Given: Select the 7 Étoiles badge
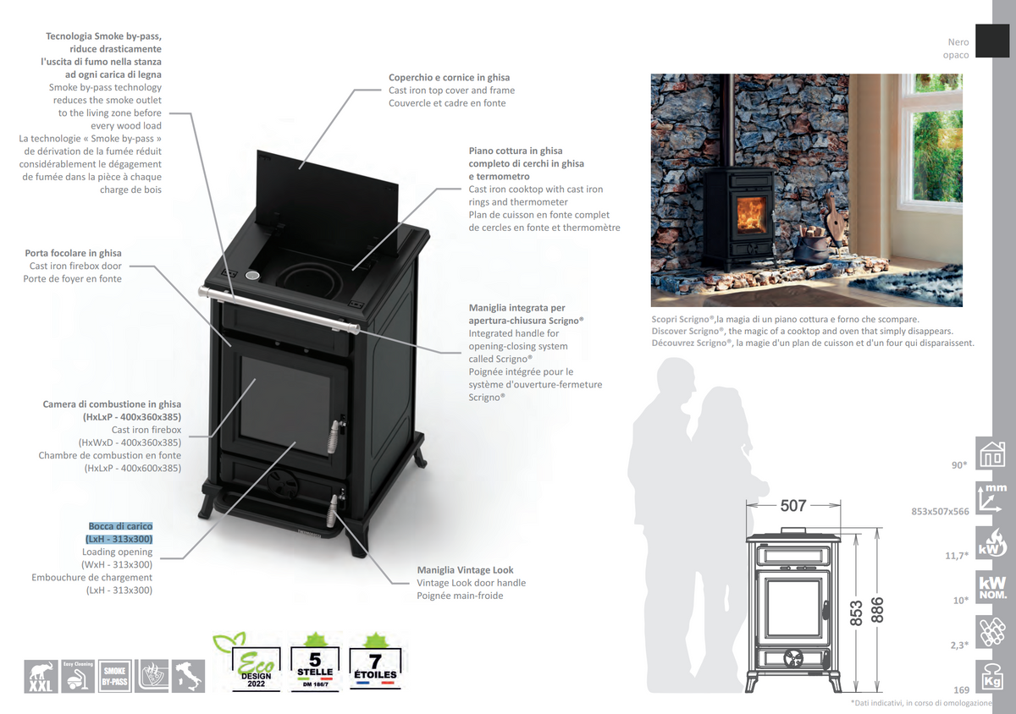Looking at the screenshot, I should pos(373,666).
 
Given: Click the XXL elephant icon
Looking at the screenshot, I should pos(40,676).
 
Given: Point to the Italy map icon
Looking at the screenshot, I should pos(189,676).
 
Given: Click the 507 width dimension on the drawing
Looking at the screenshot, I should pos(792,505).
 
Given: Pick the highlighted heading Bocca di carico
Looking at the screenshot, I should pos(120,526).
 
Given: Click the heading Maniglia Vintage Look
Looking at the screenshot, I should pos(465,570).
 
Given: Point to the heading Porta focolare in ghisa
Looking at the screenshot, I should pos(74,253).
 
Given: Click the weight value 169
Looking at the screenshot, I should pos(961,690).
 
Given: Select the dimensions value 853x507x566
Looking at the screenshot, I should pos(940,511).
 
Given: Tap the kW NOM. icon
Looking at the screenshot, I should pos(991,589).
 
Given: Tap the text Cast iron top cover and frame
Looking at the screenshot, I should pos(451,91).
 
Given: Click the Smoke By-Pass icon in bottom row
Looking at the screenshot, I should pos(114,676).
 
